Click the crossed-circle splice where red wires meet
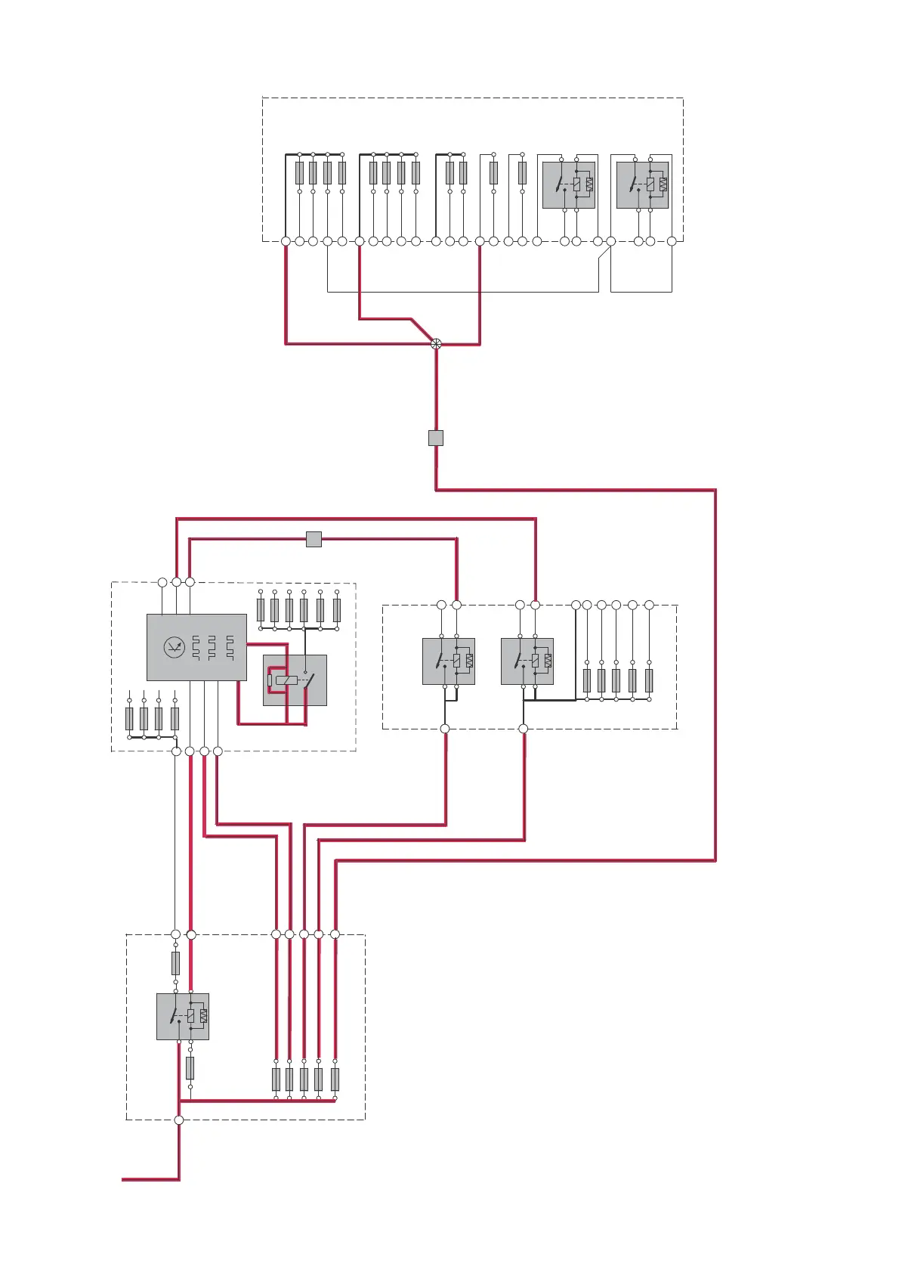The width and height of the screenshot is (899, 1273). pyautogui.click(x=436, y=344)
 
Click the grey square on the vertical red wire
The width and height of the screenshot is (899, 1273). pyautogui.click(x=436, y=438)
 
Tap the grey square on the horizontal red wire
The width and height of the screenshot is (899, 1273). pyautogui.click(x=314, y=539)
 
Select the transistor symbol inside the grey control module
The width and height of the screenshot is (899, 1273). pyautogui.click(x=175, y=648)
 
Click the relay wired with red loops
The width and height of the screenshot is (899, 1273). pyautogui.click(x=295, y=680)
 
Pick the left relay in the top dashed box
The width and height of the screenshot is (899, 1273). pyautogui.click(x=569, y=185)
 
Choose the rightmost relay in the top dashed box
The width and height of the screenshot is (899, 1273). pyautogui.click(x=642, y=185)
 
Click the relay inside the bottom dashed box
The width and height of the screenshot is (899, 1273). pyautogui.click(x=183, y=1017)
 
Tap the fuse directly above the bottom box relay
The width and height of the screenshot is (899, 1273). pyautogui.click(x=176, y=963)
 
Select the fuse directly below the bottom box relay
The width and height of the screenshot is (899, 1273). pyautogui.click(x=190, y=1068)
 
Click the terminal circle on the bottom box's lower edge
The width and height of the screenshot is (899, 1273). pyautogui.click(x=179, y=1120)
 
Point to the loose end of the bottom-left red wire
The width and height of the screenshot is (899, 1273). pyautogui.click(x=123, y=1179)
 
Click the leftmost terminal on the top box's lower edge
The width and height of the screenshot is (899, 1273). pyautogui.click(x=286, y=241)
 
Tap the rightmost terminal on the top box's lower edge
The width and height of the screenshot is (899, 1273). pyautogui.click(x=672, y=241)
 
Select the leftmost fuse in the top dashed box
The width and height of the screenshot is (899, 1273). pyautogui.click(x=299, y=173)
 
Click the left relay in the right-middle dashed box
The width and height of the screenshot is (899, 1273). pyautogui.click(x=449, y=661)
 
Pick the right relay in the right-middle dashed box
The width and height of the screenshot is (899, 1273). pyautogui.click(x=527, y=661)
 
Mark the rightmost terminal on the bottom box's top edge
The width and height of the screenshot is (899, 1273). pyautogui.click(x=335, y=934)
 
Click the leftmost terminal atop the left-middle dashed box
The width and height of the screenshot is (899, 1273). pyautogui.click(x=162, y=582)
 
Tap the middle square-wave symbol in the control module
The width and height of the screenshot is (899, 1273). pyautogui.click(x=212, y=648)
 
